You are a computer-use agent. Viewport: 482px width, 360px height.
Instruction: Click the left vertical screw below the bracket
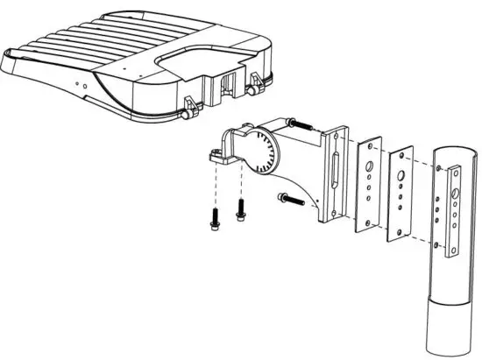pos(214,218)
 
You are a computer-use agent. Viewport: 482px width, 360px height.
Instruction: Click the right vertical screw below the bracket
pos(239,210)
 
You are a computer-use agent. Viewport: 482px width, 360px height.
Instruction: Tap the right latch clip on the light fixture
pos(255,87)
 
